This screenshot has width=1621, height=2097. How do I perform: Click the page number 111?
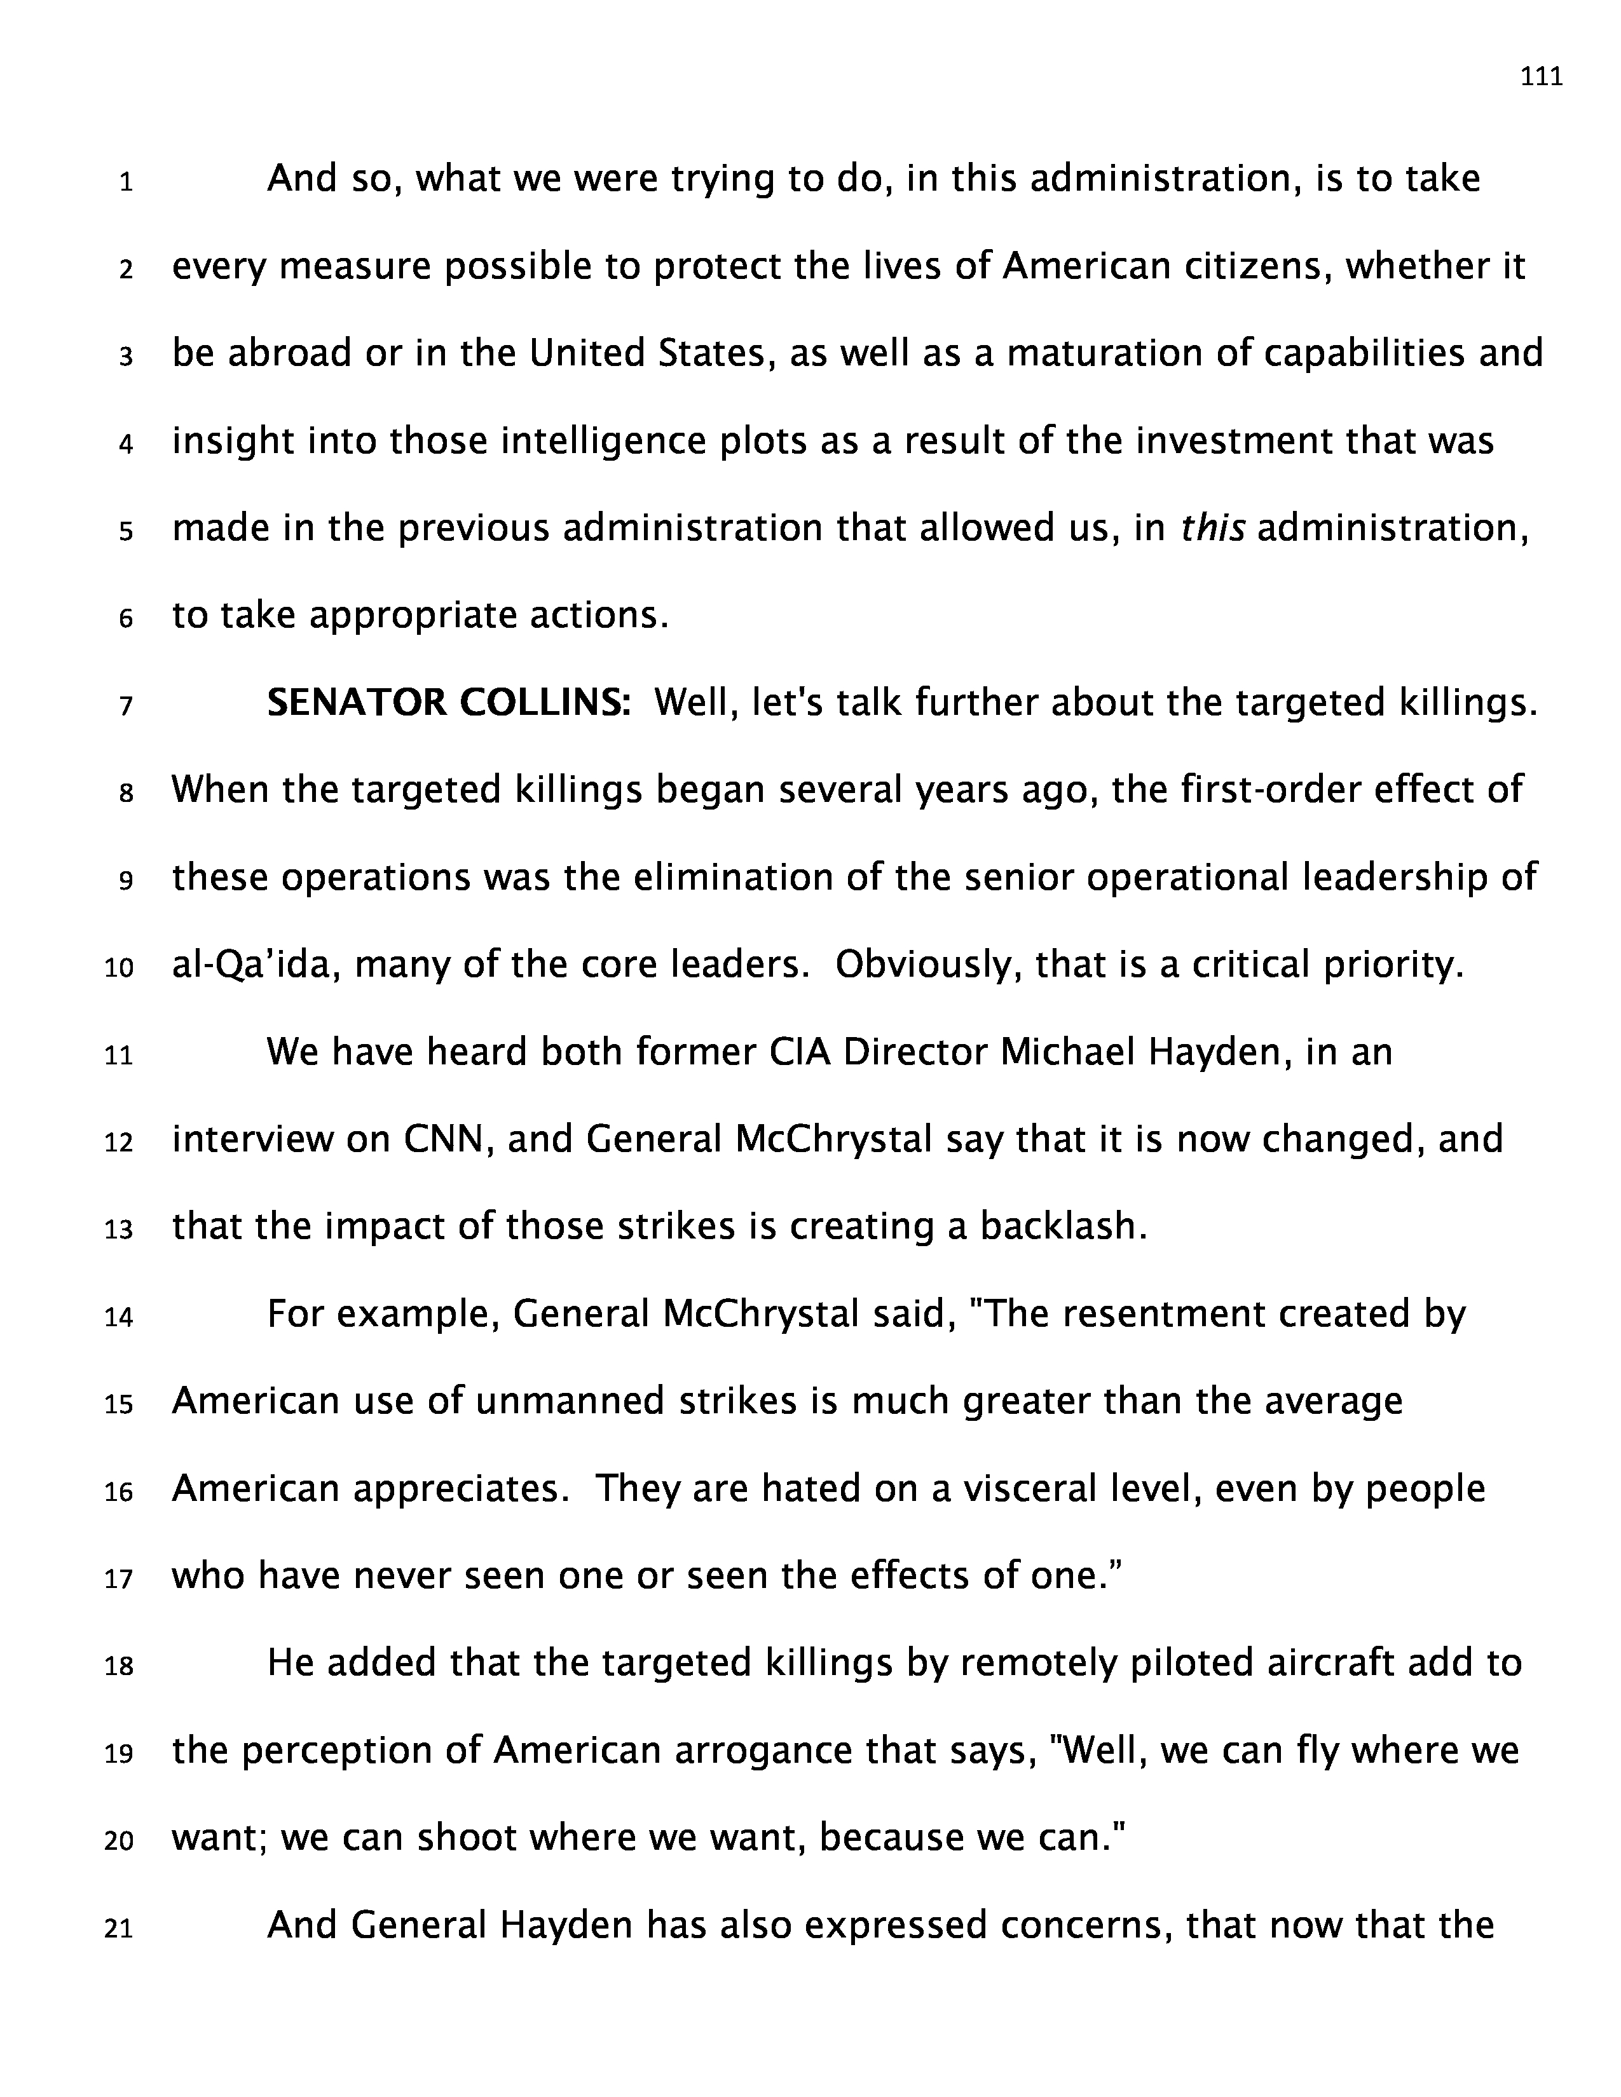(x=1542, y=77)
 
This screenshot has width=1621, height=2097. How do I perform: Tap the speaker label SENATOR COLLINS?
(x=448, y=704)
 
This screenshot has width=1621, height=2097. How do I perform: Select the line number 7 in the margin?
(x=126, y=707)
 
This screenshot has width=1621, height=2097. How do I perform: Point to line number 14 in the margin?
(x=119, y=1317)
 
